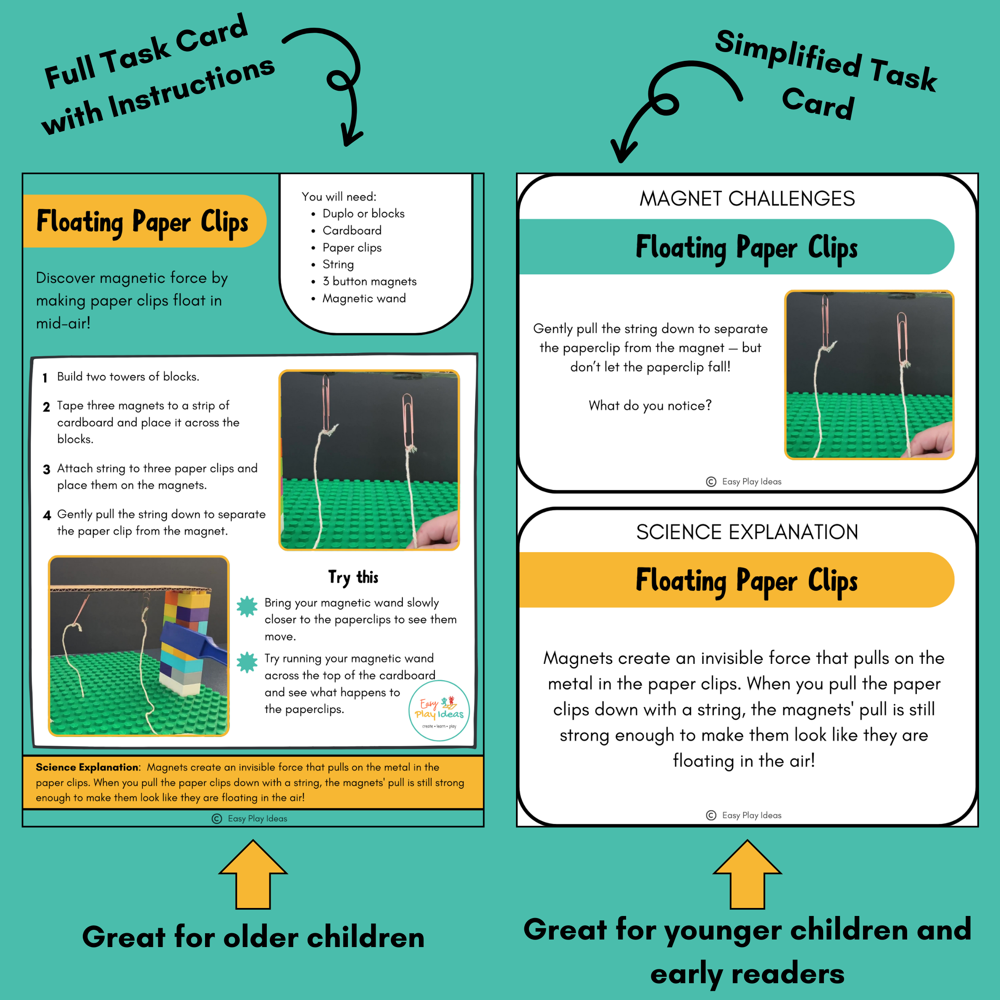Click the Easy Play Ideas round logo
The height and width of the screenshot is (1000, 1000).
[x=439, y=710]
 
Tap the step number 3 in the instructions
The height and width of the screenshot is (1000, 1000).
[x=47, y=469]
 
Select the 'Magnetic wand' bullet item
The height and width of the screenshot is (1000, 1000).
[x=364, y=299]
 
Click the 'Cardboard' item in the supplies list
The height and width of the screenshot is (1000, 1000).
[x=352, y=230]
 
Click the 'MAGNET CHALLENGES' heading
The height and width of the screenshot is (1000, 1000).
[x=747, y=199]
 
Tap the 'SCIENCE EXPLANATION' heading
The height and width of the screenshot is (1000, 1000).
[x=747, y=532]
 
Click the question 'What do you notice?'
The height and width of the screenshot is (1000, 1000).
[x=650, y=405]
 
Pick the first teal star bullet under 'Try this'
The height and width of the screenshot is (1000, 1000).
[x=247, y=606]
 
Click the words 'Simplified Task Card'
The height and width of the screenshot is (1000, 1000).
[x=826, y=75]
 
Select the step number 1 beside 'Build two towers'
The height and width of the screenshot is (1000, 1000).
[x=45, y=378]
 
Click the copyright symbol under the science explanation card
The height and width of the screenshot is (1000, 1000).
[x=711, y=815]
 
